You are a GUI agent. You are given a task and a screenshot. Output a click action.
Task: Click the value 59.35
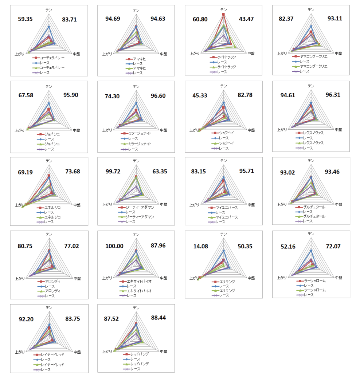[x=25, y=19]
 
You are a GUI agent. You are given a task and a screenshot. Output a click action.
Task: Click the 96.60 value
[x=158, y=96]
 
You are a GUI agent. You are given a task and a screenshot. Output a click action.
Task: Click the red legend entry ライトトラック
[x=226, y=57]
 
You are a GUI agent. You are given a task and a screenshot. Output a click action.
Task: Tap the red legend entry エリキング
[x=227, y=282]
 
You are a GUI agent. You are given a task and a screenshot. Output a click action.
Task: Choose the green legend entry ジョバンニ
[x=51, y=144]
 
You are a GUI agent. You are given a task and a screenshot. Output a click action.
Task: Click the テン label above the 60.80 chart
[x=223, y=10]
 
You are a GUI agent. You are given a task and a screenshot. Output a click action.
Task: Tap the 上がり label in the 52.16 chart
[x=282, y=278]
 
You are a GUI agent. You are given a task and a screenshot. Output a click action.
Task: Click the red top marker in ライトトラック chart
[x=223, y=15]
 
